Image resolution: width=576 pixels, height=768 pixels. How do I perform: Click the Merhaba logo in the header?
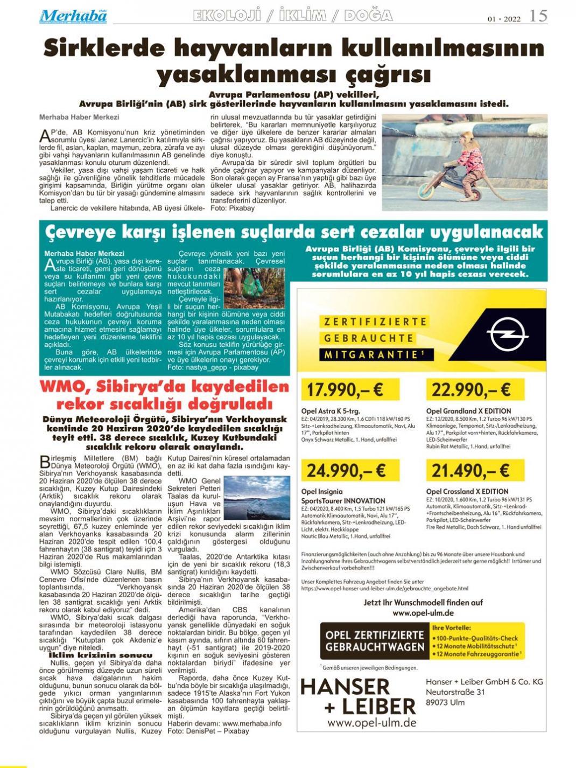73,16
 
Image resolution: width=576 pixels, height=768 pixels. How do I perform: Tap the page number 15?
538,16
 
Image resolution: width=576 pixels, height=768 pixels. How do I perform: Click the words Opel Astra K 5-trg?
331,411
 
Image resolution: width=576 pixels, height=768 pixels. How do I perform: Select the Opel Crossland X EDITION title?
467,491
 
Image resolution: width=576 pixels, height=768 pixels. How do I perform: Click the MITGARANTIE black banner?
371,355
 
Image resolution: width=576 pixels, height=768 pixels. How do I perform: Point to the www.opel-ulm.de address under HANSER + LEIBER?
372,723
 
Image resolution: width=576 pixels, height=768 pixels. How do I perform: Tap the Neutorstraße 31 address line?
455,692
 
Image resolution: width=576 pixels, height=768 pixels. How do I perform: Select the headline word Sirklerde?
103,49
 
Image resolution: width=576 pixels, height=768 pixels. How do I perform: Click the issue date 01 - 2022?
504,19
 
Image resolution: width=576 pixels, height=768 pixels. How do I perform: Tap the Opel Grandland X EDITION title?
469,411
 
